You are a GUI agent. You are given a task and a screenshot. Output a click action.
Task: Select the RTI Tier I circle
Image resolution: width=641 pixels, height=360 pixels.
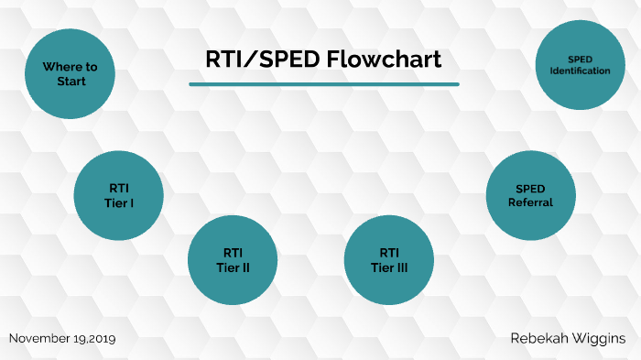(x=118, y=195)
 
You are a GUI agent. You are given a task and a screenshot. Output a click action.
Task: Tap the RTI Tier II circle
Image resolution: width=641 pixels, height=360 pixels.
(x=233, y=260)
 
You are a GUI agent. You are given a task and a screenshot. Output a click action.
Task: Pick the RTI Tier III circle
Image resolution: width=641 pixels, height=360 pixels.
(x=388, y=260)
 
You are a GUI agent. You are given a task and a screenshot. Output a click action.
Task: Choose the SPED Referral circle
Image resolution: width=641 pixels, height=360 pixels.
(x=530, y=195)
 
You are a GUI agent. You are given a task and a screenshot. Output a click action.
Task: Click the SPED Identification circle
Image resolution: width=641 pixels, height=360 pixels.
(x=580, y=64)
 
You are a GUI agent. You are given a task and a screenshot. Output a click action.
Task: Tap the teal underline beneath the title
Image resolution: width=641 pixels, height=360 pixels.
(x=324, y=84)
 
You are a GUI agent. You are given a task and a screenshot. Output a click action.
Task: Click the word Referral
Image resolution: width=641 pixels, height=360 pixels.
(x=530, y=202)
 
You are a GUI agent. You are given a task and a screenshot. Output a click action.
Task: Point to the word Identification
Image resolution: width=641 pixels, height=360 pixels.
(x=581, y=71)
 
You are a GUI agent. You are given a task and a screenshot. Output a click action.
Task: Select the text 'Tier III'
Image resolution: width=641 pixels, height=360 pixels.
(x=388, y=267)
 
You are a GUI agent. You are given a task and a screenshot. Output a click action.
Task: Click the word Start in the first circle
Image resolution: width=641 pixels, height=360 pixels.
(x=70, y=82)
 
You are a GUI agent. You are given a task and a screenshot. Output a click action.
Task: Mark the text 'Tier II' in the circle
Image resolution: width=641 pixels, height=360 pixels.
(x=233, y=267)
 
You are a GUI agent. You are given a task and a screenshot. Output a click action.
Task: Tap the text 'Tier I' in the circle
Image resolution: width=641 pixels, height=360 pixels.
(x=118, y=202)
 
